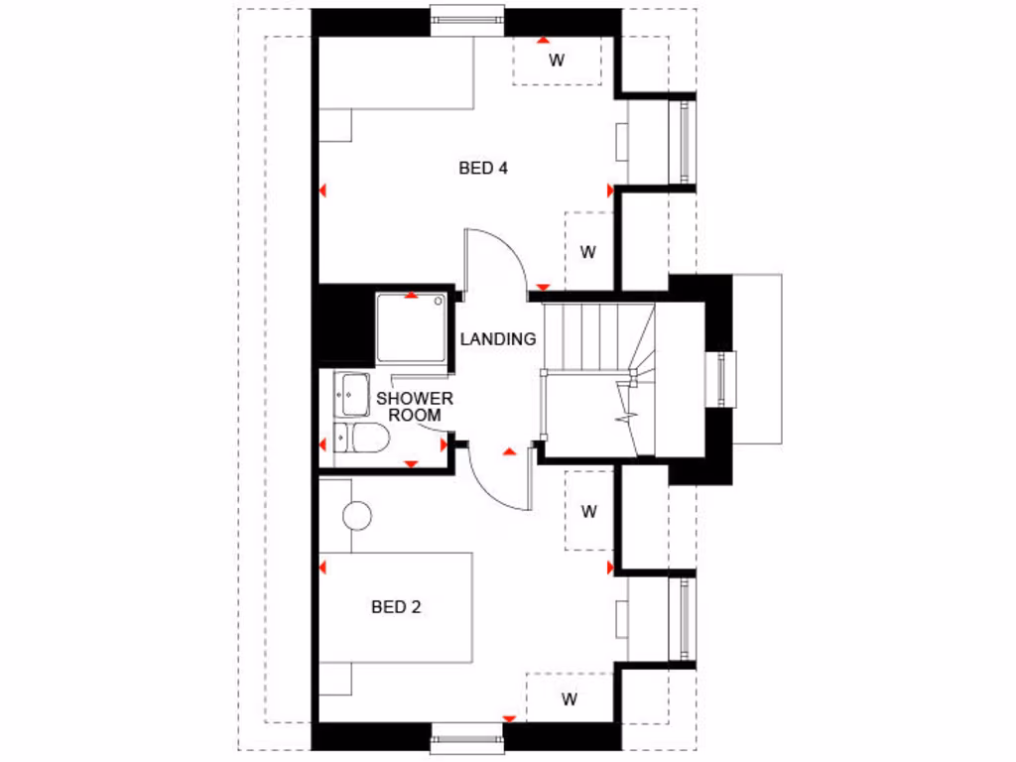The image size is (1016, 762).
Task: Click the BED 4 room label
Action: point(483,168)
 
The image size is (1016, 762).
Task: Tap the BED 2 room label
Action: point(396,606)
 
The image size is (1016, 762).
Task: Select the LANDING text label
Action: point(498,338)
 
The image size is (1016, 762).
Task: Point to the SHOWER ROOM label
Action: point(414,406)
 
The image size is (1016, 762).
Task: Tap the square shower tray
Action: point(411,328)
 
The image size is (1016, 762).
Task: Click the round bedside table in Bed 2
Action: point(356,515)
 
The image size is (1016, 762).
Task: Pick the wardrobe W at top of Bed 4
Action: point(557,61)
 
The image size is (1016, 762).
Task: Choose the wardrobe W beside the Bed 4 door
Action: point(587,251)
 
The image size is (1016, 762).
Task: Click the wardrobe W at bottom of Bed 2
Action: point(569,698)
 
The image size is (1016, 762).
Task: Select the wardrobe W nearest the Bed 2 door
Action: point(588,512)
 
